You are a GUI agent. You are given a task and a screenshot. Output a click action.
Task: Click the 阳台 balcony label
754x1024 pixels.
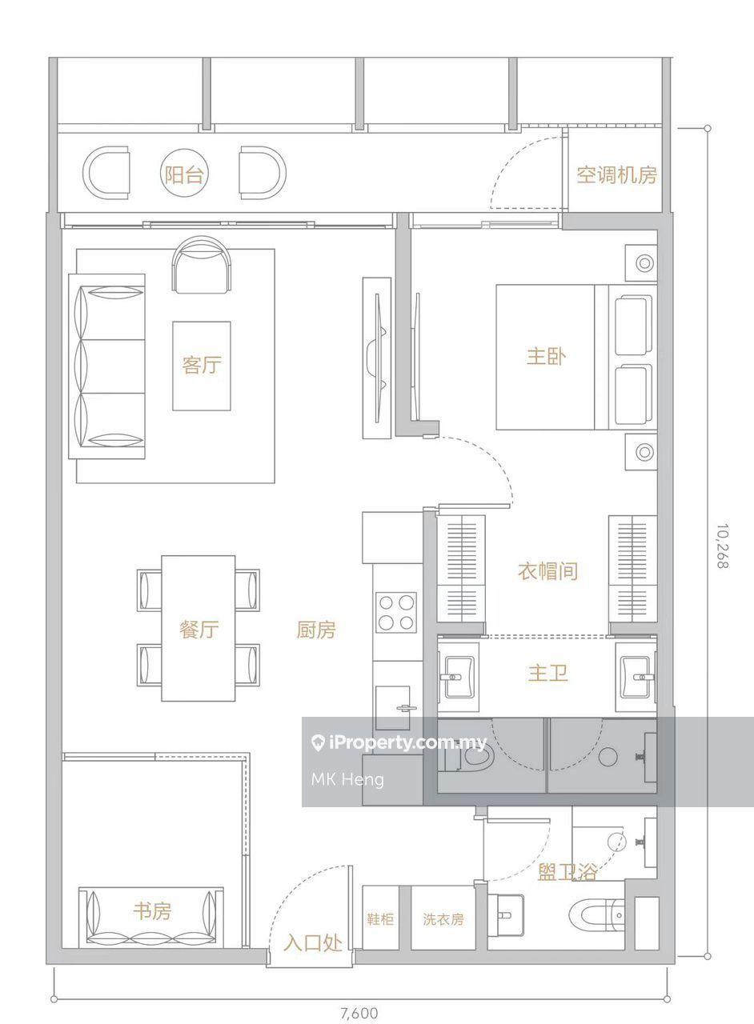pos(184,174)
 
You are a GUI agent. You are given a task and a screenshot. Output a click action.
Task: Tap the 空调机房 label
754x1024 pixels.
pos(616,174)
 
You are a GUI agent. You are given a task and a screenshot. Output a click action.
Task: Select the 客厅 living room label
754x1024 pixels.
pos(202,365)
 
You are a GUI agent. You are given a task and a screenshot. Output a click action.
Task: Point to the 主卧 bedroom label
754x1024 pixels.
pos(546,356)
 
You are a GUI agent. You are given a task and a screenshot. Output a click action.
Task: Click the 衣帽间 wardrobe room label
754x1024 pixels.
pos(547,571)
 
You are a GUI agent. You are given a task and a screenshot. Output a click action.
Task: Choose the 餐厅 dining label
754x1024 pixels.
pos(199,629)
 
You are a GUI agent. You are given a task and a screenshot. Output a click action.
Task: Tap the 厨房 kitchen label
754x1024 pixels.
pos(315,630)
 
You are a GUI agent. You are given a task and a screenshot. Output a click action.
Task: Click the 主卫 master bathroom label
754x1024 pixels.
pos(547,673)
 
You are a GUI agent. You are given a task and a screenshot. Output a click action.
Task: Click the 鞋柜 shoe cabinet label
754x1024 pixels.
pos(380,919)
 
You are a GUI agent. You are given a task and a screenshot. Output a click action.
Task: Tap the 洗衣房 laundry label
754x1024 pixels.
pos(443,919)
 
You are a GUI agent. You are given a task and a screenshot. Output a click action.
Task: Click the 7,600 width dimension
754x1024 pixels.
pos(359,1012)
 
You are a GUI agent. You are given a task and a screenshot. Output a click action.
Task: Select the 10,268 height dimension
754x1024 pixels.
pos(724,546)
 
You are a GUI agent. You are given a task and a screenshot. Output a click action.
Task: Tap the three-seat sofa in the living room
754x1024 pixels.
pos(107,366)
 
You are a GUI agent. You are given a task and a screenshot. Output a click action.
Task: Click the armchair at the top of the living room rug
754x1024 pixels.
pos(202,265)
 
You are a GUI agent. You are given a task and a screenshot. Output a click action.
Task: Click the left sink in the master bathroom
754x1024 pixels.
pos(459,677)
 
